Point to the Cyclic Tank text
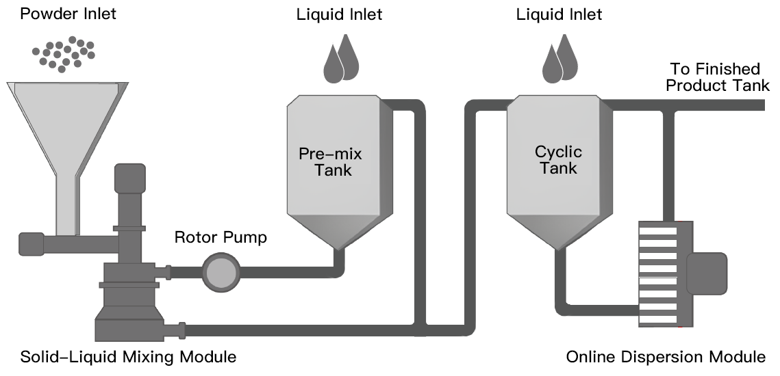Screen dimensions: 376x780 pos(557,159)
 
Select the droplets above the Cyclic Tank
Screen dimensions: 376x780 pos(560,60)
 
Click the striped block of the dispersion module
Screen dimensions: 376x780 pos(658,273)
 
